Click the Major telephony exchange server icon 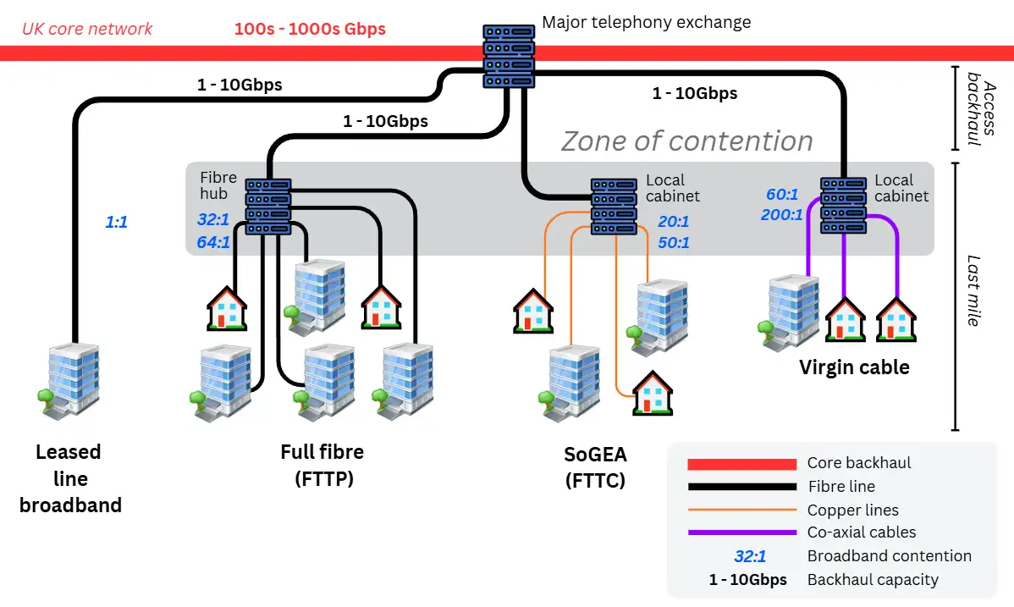point(510,56)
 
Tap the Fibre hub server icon point(268,206)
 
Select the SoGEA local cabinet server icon point(613,206)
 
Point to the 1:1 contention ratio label point(116,223)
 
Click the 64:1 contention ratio point(213,242)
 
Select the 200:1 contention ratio point(781,215)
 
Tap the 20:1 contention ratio point(674,222)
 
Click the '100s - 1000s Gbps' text point(310,29)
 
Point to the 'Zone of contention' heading point(686,141)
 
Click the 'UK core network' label point(87,29)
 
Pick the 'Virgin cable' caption point(854,367)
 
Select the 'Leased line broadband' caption point(70,478)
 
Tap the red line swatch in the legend point(741,464)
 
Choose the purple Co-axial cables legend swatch point(741,533)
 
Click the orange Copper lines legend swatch point(741,510)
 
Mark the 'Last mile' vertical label point(974,290)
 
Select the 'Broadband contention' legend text point(889,556)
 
